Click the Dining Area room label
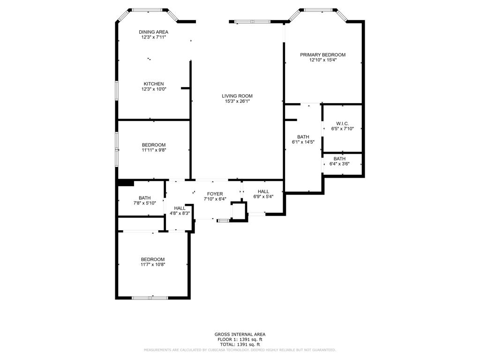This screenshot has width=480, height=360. click(153, 32)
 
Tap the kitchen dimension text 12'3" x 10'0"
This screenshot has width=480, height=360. click(153, 89)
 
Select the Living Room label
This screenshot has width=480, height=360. click(237, 96)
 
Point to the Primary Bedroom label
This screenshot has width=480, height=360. click(322, 55)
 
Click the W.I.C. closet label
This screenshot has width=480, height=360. click(342, 123)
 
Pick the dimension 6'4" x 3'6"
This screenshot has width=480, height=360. click(339, 164)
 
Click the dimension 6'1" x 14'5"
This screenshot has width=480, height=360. click(303, 142)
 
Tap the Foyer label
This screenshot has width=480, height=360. click(215, 194)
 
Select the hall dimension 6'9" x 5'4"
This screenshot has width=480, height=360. click(263, 196)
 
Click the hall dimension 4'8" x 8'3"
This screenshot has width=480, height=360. click(180, 213)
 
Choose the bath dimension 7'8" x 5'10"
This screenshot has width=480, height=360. click(144, 203)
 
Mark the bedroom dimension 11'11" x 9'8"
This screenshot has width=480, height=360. click(154, 150)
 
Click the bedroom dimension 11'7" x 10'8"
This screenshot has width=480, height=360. click(153, 264)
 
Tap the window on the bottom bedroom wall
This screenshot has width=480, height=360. click(150, 298)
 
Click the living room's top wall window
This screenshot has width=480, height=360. click(252, 21)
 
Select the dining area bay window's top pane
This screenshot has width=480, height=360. click(147, 9)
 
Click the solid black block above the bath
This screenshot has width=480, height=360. click(126, 183)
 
